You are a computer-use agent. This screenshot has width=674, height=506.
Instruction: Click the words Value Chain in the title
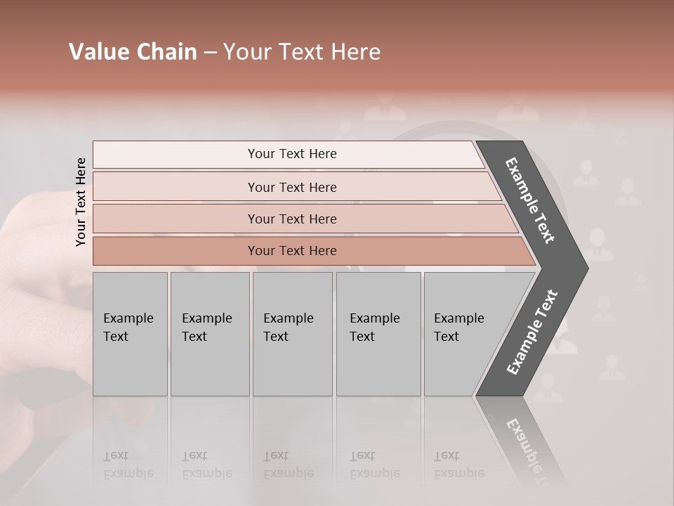coord(133,52)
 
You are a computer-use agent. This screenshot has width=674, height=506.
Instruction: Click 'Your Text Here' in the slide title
coord(302,52)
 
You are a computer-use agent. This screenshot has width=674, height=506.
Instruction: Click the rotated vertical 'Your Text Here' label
coord(81,202)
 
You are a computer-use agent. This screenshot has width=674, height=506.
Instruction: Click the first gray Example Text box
coord(130,334)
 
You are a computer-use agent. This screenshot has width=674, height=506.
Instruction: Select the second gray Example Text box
coord(209,334)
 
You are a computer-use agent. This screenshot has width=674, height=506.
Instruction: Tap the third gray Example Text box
coord(291,334)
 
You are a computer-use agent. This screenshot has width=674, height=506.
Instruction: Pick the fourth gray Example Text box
coord(378,334)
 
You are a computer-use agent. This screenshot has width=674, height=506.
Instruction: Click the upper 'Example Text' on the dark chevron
coord(530,200)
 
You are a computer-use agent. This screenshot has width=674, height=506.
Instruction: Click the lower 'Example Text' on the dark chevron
coord(531,332)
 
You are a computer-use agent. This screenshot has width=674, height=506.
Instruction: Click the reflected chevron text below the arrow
coord(530,450)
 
